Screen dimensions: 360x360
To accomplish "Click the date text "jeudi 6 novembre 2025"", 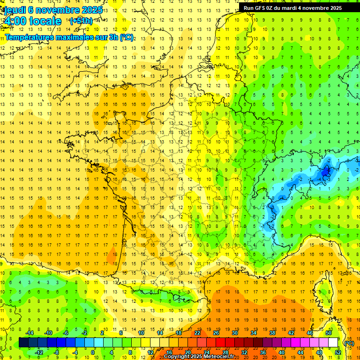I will pyautogui.click(x=52, y=10).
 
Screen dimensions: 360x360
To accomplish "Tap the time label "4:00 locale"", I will pyautogui.click(x=32, y=21).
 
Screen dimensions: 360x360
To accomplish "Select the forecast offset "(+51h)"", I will pyautogui.click(x=81, y=21).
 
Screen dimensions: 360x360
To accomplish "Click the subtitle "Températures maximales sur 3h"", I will pyautogui.click(x=63, y=37).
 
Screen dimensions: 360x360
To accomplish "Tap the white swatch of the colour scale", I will pyautogui.click(x=333, y=342).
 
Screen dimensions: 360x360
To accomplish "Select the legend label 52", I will pyautogui.click(x=338, y=352).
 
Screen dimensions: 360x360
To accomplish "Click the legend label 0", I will pyautogui.click(x=92, y=352).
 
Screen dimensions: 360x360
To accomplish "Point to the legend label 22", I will pyautogui.click(x=197, y=333).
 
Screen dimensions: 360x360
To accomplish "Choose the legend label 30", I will pyautogui.click(x=235, y=333).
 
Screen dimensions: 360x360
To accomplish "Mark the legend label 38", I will pyautogui.click(x=272, y=333).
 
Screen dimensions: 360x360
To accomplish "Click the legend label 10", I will pyautogui.click(x=141, y=333).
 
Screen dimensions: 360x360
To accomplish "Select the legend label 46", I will pyautogui.click(x=310, y=333).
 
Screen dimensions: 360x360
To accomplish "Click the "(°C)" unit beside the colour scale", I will pyautogui.click(x=349, y=343).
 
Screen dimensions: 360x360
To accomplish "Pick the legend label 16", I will pyautogui.click(x=169, y=352).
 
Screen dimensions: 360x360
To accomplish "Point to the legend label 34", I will pyautogui.click(x=254, y=333).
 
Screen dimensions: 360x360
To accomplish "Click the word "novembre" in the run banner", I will pyautogui.click(x=311, y=8).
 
